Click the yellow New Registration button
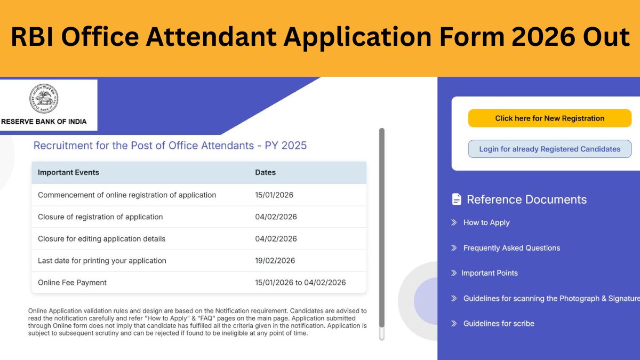tap(549, 118)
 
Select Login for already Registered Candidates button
tap(549, 149)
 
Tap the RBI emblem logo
tap(44, 99)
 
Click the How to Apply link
tap(486, 222)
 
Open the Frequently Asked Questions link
tap(511, 248)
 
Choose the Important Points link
tap(489, 273)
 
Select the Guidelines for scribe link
tap(498, 324)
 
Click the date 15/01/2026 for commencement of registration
tap(274, 195)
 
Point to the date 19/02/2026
tap(275, 261)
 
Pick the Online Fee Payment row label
tap(72, 283)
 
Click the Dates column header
tap(265, 173)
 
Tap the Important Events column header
tap(68, 173)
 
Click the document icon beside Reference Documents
tap(457, 199)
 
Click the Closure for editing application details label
tap(101, 239)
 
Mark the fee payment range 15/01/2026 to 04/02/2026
tap(300, 283)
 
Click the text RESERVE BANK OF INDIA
tap(44, 122)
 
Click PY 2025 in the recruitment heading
tap(286, 146)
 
